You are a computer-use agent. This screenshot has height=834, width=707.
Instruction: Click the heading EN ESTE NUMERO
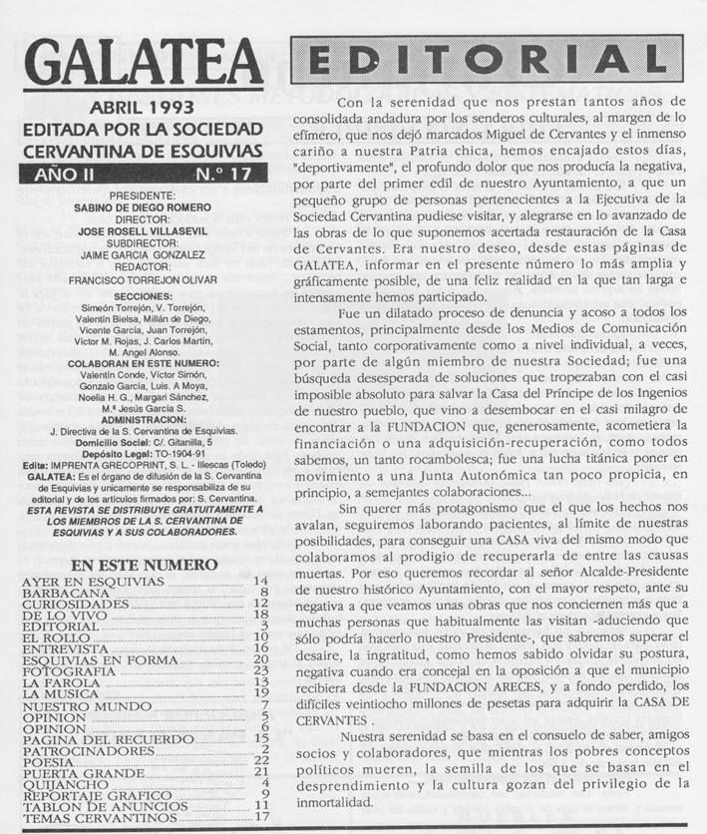[x=145, y=565]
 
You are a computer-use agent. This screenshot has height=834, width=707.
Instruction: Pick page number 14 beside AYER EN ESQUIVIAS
[x=261, y=580]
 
